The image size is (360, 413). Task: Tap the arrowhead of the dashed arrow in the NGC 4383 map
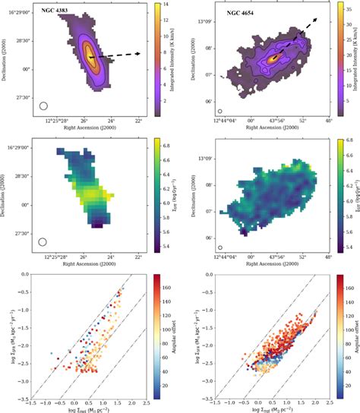point(140,53)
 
